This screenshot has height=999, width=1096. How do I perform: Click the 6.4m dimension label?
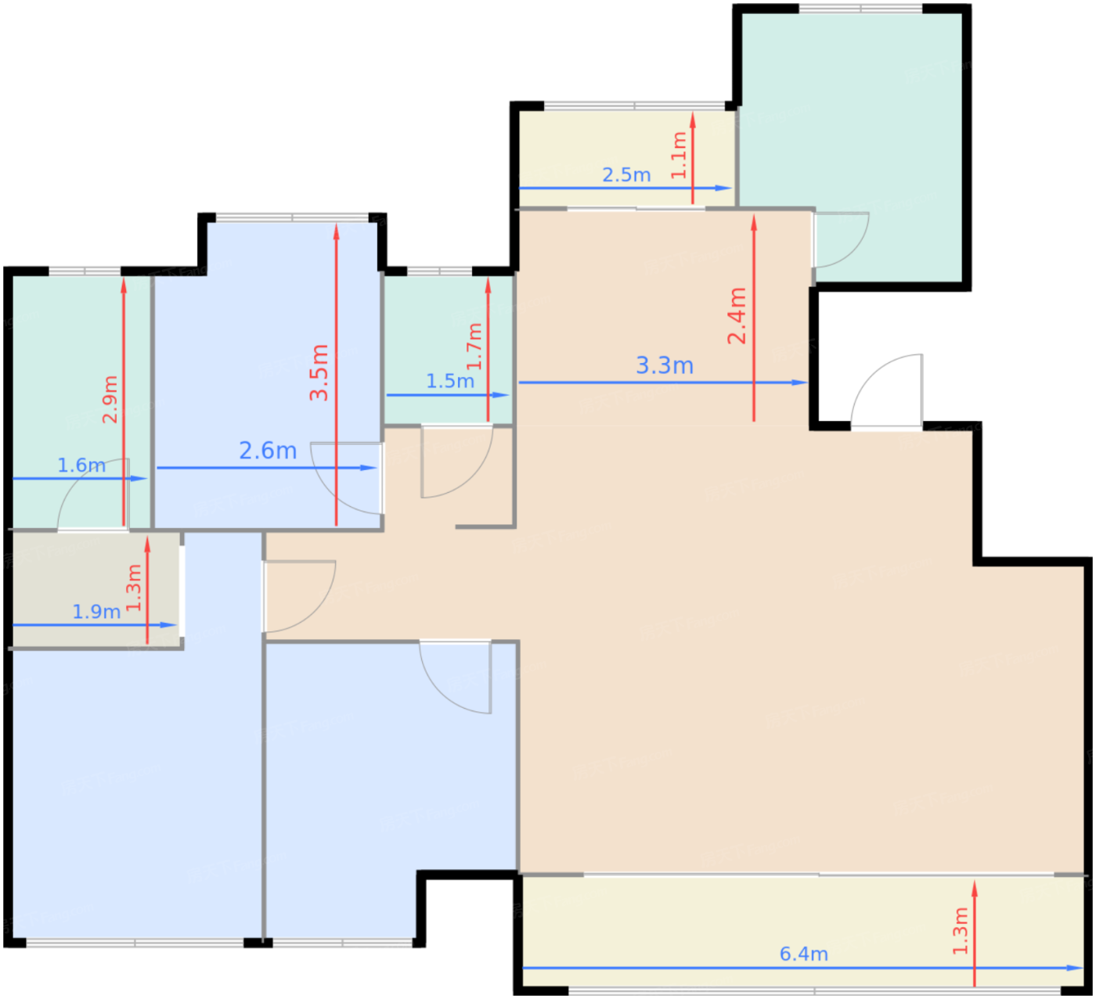(804, 954)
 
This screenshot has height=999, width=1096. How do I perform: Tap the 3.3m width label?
(665, 365)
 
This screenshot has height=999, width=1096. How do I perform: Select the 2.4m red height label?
(737, 316)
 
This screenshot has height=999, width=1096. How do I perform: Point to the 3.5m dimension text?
(319, 372)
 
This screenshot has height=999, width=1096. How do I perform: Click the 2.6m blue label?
(268, 451)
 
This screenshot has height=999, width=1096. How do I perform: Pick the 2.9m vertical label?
(110, 399)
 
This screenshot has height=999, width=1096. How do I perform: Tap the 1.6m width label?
(81, 465)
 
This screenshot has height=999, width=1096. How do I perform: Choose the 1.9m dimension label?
(96, 612)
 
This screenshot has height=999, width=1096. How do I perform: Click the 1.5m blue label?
(449, 381)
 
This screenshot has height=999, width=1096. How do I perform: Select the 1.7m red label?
(474, 347)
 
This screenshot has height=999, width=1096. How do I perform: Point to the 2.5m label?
(626, 174)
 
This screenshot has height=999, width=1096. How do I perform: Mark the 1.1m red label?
(679, 155)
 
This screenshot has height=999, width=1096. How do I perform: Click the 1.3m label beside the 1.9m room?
(134, 588)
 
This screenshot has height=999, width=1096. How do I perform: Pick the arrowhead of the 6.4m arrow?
(1075, 968)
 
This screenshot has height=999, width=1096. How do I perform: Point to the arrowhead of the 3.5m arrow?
(337, 232)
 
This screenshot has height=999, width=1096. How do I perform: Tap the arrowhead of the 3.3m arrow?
(799, 383)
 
